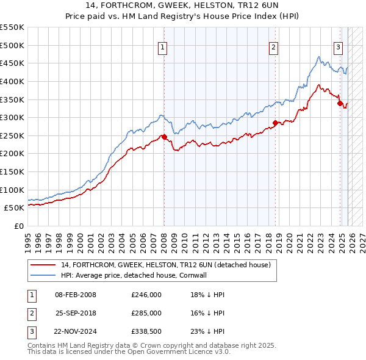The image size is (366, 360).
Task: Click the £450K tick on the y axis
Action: (12, 63)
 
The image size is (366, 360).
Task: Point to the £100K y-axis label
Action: (12, 190)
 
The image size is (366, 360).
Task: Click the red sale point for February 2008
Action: (164, 137)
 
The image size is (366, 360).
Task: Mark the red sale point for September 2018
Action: (275, 123)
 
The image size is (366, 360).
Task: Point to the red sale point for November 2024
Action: (340, 103)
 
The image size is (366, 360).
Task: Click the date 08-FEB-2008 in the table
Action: (76, 295)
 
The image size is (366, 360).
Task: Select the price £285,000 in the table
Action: (146, 313)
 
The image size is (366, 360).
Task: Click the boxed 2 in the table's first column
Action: (30, 313)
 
